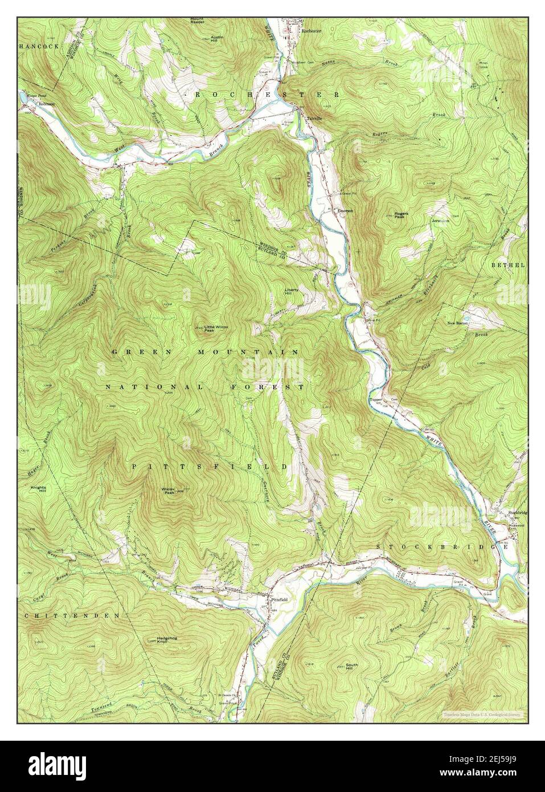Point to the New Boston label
[x=458, y=323]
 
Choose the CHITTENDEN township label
[x=72, y=616]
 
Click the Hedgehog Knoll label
[x=165, y=640]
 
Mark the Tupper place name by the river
[x=375, y=400]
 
